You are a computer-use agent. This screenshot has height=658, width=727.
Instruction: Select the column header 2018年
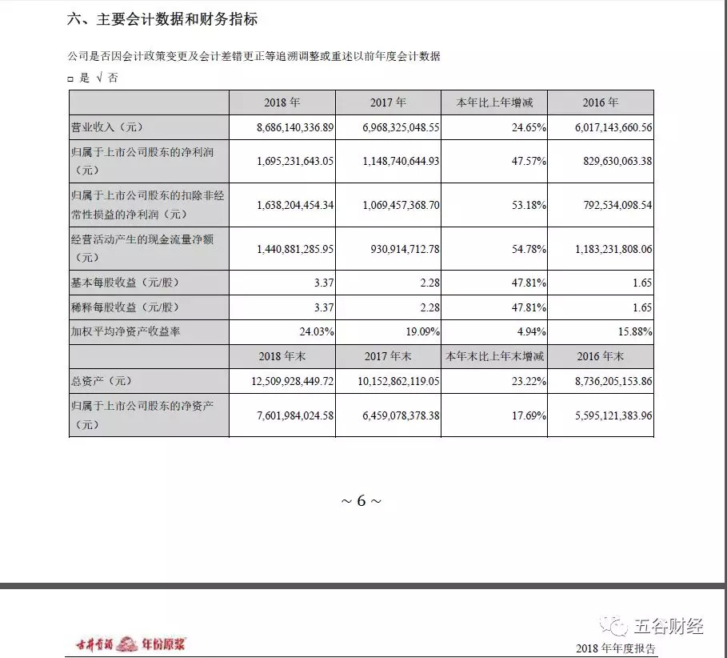click(282, 102)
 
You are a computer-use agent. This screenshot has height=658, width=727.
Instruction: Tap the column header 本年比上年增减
click(493, 102)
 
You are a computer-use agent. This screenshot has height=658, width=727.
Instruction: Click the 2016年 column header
click(601, 102)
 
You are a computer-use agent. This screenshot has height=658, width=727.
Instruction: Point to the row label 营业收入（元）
click(111, 126)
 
